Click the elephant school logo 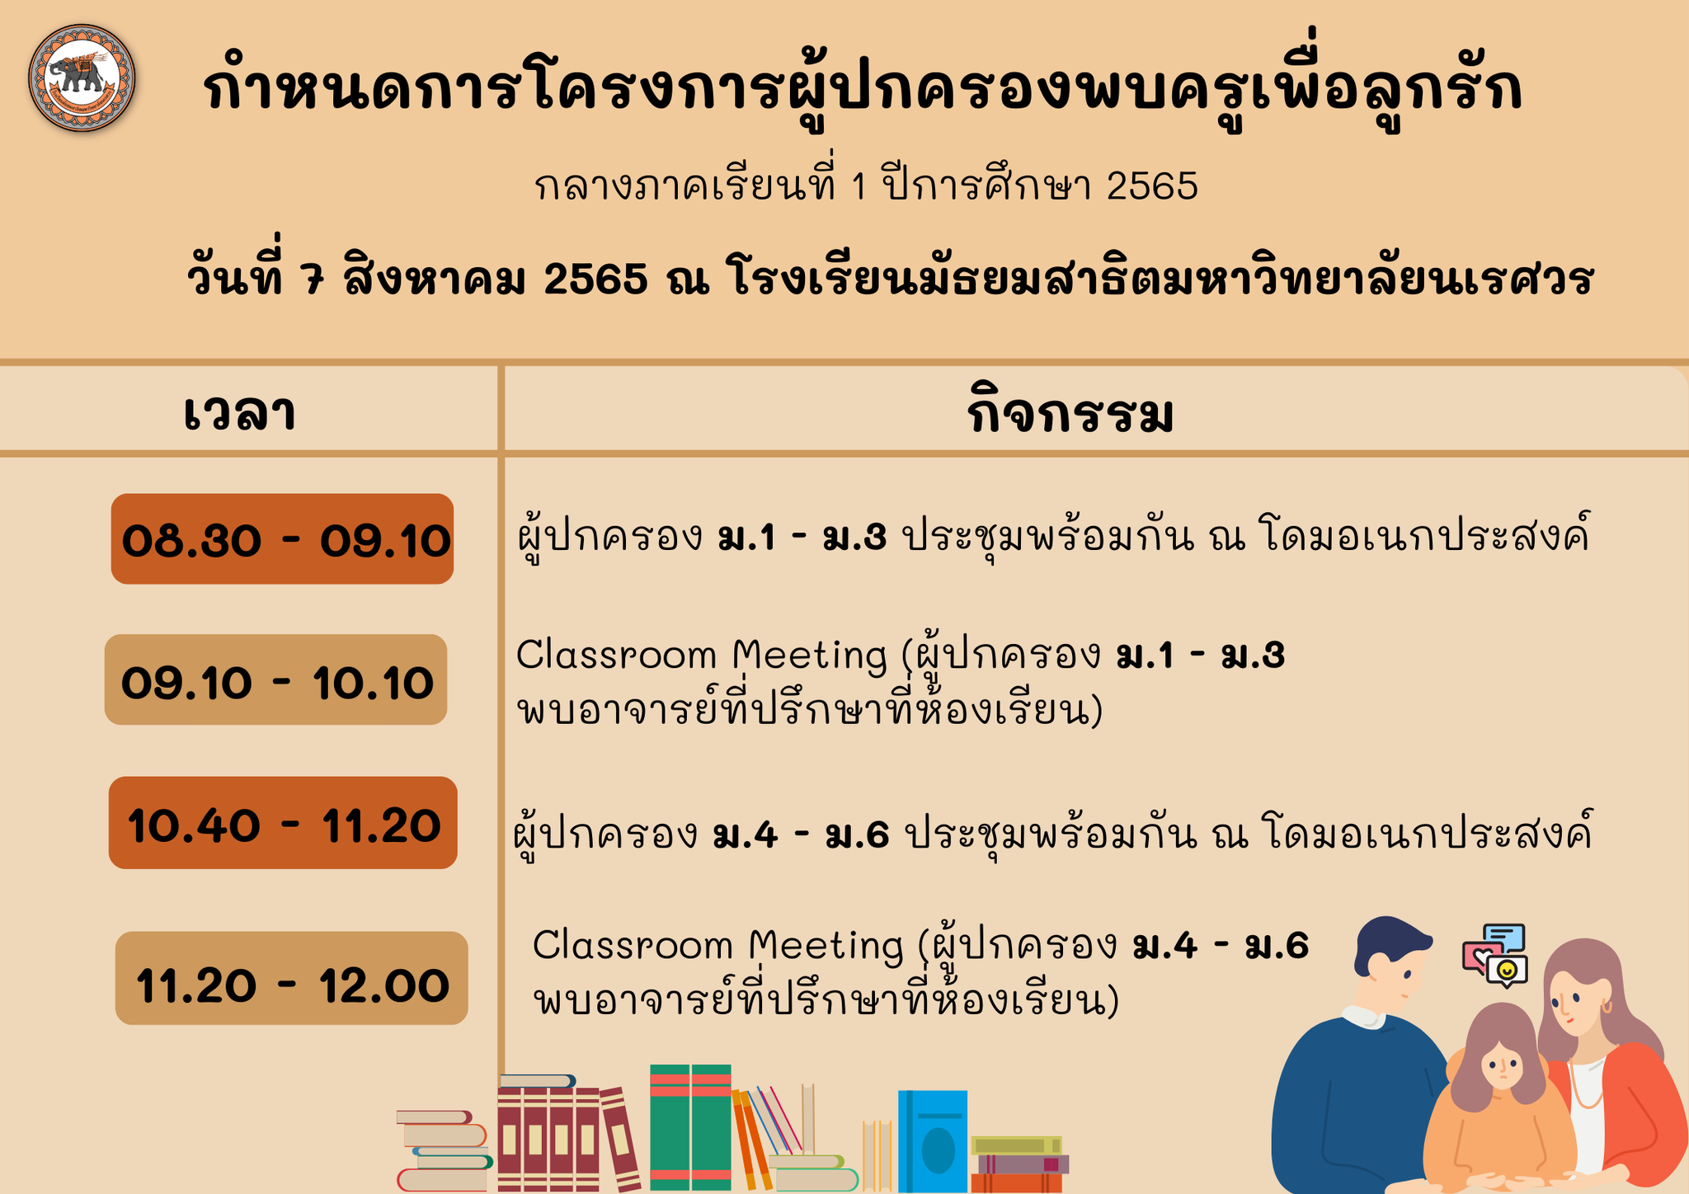coord(82,78)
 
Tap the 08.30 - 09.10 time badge coord(282,539)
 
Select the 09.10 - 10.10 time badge coord(275,679)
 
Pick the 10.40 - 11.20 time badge coord(283,822)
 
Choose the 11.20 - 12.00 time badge coord(291,978)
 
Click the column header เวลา coord(239,412)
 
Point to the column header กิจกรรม coord(1070,411)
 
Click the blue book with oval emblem coord(933,1141)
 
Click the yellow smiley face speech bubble coord(1507,971)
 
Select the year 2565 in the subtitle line coord(1152,186)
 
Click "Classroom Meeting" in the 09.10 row coord(701,656)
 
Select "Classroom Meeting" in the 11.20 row coord(718,945)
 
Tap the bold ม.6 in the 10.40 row coord(857,835)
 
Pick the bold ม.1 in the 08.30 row coord(747,538)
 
